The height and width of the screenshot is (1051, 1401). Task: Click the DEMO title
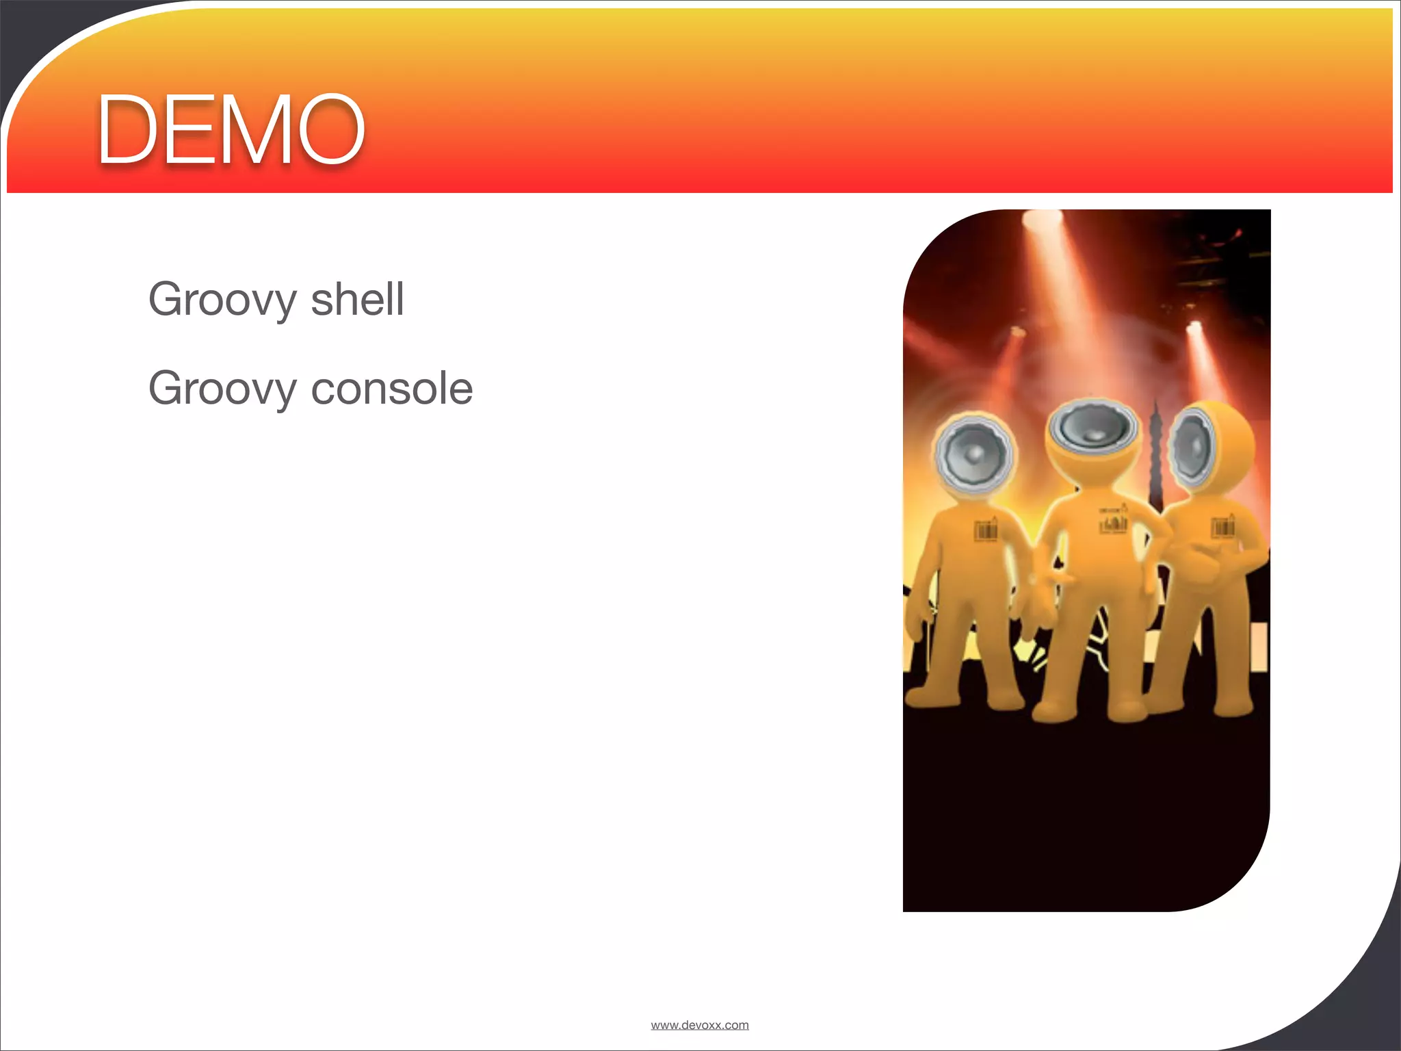[231, 129]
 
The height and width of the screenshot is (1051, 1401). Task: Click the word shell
[357, 299]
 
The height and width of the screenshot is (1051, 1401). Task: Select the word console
[392, 388]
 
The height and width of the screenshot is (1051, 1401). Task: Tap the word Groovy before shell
[222, 299]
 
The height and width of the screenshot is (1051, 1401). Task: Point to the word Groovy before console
[222, 388]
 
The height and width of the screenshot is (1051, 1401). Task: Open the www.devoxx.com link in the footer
[700, 1025]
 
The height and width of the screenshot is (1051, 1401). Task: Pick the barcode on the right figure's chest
[1222, 528]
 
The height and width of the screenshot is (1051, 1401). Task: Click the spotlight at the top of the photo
[1041, 220]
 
